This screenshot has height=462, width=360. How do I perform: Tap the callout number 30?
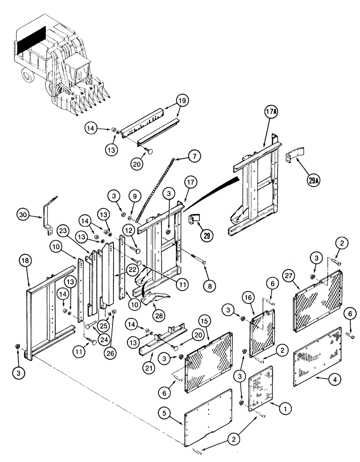pos(24,214)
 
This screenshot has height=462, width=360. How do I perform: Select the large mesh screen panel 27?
pos(318,300)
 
